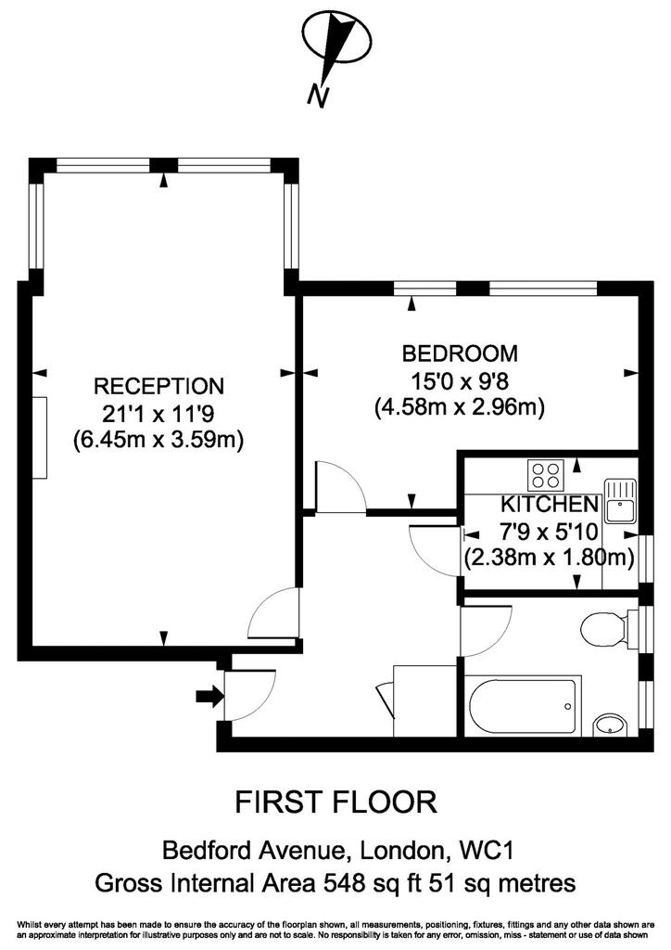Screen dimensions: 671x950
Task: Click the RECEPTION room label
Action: pyautogui.click(x=158, y=386)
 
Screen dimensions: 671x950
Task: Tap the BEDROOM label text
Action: pyautogui.click(x=460, y=353)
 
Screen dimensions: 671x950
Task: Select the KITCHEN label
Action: pyautogui.click(x=550, y=504)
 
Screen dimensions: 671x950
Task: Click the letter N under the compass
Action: pyautogui.click(x=318, y=96)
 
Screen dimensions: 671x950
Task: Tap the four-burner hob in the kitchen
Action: pyautogui.click(x=546, y=475)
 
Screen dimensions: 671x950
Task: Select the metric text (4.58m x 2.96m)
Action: pyautogui.click(x=460, y=407)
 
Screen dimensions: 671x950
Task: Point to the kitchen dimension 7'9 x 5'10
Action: pyautogui.click(x=548, y=532)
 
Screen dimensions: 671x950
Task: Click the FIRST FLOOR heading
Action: pyautogui.click(x=335, y=802)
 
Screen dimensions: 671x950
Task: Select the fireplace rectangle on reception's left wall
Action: pyautogui.click(x=40, y=438)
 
